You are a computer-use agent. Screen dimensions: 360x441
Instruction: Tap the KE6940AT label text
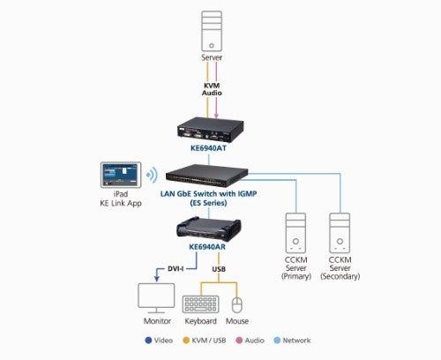point(209,149)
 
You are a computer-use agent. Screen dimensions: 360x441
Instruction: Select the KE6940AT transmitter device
point(209,130)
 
